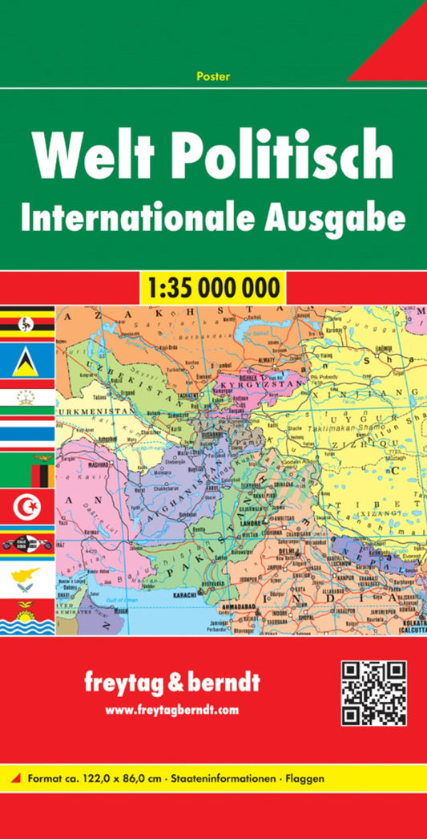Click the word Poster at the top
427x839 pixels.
click(x=212, y=76)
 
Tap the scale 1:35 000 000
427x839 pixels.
click(x=213, y=287)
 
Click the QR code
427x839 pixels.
click(x=373, y=694)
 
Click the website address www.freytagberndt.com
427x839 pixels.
click(x=172, y=710)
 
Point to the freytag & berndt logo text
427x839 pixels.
click(x=172, y=685)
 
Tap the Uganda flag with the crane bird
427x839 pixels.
click(x=27, y=324)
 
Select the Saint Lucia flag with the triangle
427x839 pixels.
click(x=27, y=361)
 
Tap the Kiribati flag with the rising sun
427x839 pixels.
click(x=27, y=617)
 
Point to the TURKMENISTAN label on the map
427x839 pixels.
click(x=93, y=409)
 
